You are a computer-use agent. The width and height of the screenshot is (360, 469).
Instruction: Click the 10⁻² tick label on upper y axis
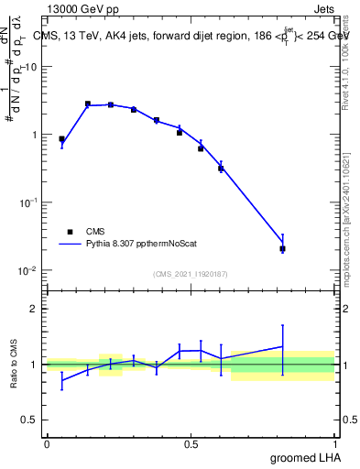point(28,270)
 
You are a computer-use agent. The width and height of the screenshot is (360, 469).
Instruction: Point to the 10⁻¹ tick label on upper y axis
point(28,202)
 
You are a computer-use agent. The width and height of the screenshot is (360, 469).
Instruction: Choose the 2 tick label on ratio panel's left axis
point(33,309)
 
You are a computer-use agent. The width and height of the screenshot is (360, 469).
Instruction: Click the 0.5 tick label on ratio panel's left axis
point(28,420)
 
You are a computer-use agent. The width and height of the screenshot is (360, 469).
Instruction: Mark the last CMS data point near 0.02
point(282,248)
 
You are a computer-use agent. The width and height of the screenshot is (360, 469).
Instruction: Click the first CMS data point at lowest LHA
point(61,139)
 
